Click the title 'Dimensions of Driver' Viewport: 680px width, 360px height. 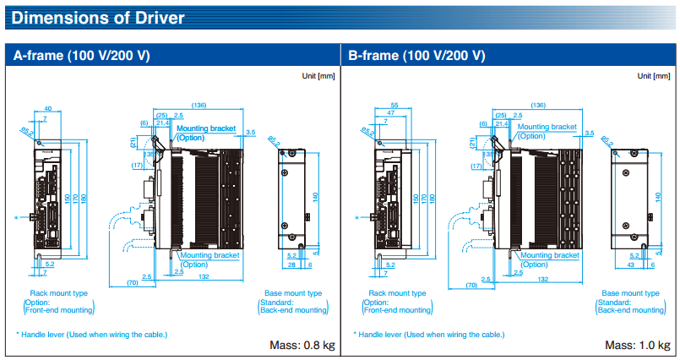(99, 17)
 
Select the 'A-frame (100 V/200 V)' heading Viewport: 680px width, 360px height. (82, 56)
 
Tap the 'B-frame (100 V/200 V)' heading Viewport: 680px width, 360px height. (416, 56)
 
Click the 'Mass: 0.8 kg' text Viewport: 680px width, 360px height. (302, 345)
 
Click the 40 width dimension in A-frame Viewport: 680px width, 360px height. (47, 108)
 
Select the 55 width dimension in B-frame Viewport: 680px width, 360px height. (394, 104)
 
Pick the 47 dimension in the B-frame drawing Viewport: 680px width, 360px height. (390, 112)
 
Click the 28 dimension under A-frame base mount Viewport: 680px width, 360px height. (291, 265)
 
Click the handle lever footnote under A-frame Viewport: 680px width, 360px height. (92, 335)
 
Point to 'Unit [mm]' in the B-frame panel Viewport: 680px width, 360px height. (654, 76)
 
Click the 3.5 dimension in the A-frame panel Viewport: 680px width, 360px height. (251, 133)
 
